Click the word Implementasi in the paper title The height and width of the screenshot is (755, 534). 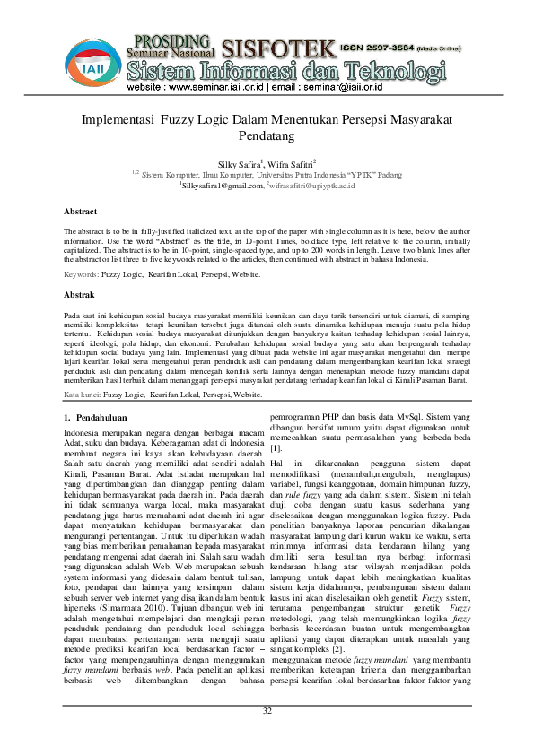coord(118,120)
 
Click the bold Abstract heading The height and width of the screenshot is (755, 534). coord(81,211)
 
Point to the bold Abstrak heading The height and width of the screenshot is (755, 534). coord(80,294)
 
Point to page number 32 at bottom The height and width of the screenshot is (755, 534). coord(267,736)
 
